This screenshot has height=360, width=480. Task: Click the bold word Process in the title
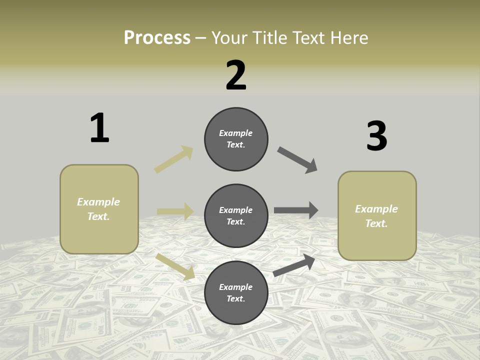157,38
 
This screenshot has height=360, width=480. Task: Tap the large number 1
99,128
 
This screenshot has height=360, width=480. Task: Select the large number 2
236,75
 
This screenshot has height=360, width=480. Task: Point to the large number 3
376,136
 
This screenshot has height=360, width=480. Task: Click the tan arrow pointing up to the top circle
173,159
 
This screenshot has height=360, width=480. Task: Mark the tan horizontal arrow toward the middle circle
175,211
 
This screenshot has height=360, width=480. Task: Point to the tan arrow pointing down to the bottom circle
175,266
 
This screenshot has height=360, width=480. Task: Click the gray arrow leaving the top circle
297,159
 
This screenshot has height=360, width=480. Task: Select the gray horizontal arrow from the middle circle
295,210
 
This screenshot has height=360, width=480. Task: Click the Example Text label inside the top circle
236,139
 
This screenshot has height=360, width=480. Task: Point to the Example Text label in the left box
98,209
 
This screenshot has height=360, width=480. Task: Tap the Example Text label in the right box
376,216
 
